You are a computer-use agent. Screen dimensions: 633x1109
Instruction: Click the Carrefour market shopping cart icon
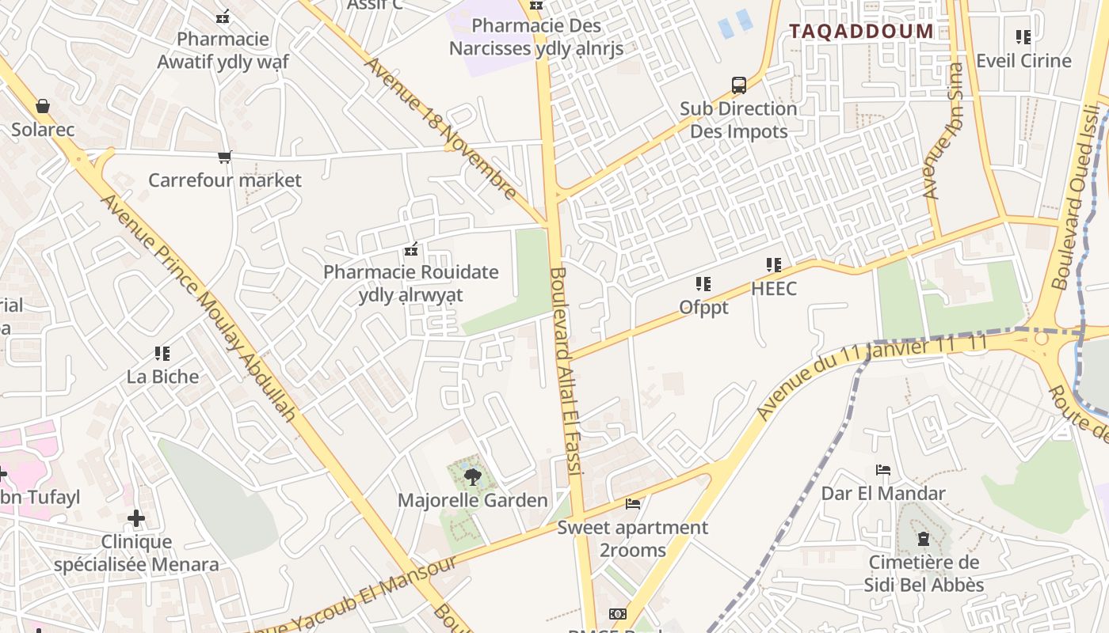click(225, 157)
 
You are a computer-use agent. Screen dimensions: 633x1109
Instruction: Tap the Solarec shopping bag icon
click(43, 106)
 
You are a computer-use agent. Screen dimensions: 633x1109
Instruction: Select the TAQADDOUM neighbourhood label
click(861, 32)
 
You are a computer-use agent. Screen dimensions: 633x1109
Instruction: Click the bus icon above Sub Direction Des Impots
click(738, 85)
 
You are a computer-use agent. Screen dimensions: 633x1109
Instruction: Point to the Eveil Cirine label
click(1023, 61)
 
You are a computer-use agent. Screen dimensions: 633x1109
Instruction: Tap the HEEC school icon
click(774, 265)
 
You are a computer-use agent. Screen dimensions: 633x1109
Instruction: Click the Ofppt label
click(703, 306)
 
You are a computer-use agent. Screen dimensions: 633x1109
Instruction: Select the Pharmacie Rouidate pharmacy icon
click(411, 250)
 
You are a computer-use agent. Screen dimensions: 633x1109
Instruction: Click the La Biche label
click(162, 376)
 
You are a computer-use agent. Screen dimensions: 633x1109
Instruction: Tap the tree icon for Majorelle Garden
click(473, 476)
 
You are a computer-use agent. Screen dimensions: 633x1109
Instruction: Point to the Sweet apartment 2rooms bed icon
click(632, 504)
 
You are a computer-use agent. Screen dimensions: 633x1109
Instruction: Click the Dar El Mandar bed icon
click(883, 470)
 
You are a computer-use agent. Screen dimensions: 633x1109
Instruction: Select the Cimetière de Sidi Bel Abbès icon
click(923, 540)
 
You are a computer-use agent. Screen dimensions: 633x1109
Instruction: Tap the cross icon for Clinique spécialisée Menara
click(136, 518)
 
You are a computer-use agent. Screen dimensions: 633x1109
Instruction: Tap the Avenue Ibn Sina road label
click(943, 131)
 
